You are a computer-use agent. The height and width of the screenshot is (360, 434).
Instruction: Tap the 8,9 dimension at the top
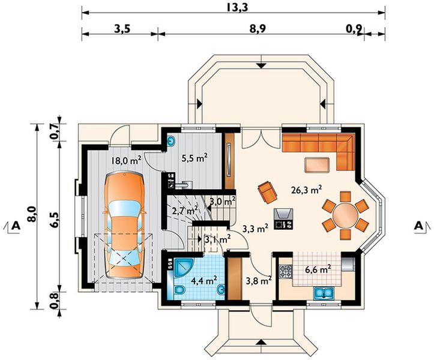tap(258, 29)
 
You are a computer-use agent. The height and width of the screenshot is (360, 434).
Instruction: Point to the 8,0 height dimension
tap(32, 214)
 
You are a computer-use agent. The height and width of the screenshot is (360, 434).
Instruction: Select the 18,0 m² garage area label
tap(126, 160)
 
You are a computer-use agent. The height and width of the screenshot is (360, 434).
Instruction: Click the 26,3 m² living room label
tap(306, 190)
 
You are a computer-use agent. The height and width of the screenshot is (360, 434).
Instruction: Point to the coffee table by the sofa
tap(317, 165)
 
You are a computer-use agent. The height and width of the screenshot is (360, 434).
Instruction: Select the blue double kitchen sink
tap(324, 293)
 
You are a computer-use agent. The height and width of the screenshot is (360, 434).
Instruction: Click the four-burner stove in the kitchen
tap(285, 271)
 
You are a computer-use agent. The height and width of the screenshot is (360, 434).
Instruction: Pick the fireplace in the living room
tap(283, 218)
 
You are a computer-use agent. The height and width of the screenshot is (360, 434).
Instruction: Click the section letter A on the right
tap(418, 226)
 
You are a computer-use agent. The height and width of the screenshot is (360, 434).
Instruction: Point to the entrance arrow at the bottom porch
tap(260, 343)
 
